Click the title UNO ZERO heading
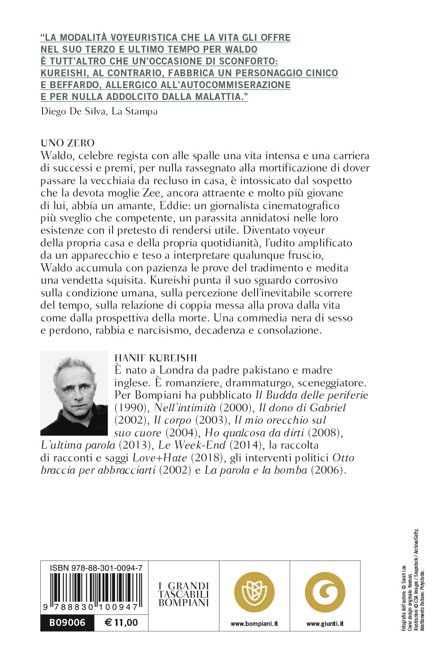tap(67, 143)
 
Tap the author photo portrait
tap(74, 393)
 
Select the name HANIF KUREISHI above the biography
tap(155, 358)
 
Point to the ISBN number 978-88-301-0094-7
tap(96, 568)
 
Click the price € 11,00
tap(121, 622)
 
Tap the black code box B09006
tap(67, 622)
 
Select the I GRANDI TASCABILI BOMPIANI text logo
tap(184, 594)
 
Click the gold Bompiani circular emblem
tap(254, 592)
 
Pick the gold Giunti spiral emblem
tap(325, 592)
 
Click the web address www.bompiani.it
tap(254, 624)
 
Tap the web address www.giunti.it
tap(325, 624)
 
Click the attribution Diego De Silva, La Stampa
tap(99, 111)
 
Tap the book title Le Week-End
tap(192, 445)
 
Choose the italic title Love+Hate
tap(159, 458)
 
